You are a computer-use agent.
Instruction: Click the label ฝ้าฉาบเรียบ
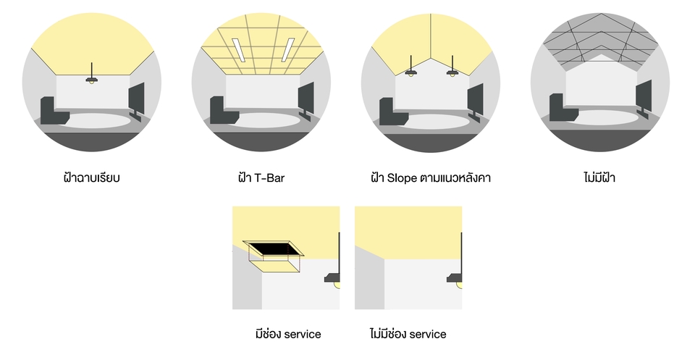coord(91,177)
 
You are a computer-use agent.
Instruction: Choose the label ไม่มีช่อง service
coord(408,334)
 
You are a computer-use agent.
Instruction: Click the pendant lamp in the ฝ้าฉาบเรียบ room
coord(92,79)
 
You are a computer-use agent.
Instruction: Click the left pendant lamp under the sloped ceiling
coord(411,72)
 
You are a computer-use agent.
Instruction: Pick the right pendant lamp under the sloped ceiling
coord(452,72)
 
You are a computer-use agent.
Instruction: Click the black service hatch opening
coord(274,248)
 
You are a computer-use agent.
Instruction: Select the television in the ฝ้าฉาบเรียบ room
coord(136,99)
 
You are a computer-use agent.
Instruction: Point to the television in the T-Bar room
coord(306,99)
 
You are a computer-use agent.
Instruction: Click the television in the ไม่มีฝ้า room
coord(644,97)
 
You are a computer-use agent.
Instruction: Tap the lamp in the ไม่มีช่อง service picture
coord(457,280)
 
